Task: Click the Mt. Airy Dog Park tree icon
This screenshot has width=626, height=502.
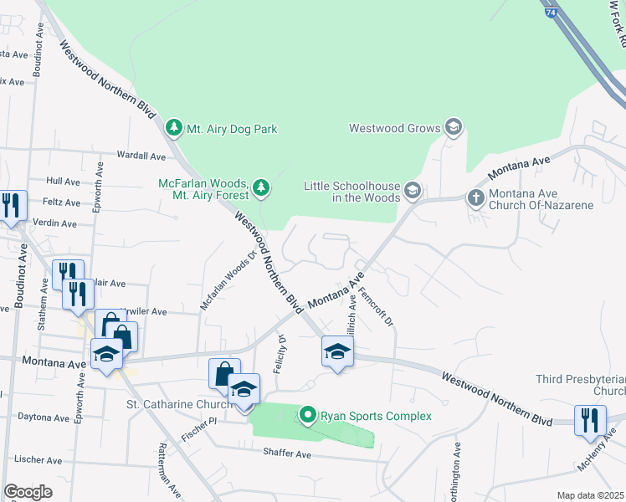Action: [173, 129]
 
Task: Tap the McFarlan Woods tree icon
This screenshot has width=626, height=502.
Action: [261, 188]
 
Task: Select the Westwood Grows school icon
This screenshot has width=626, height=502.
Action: [454, 127]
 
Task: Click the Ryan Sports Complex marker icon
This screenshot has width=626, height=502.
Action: [308, 415]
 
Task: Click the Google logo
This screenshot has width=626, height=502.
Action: [28, 492]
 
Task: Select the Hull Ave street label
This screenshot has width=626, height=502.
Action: [63, 181]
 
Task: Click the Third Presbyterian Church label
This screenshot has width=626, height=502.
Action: [581, 385]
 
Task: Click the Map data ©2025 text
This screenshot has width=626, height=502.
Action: [589, 495]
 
